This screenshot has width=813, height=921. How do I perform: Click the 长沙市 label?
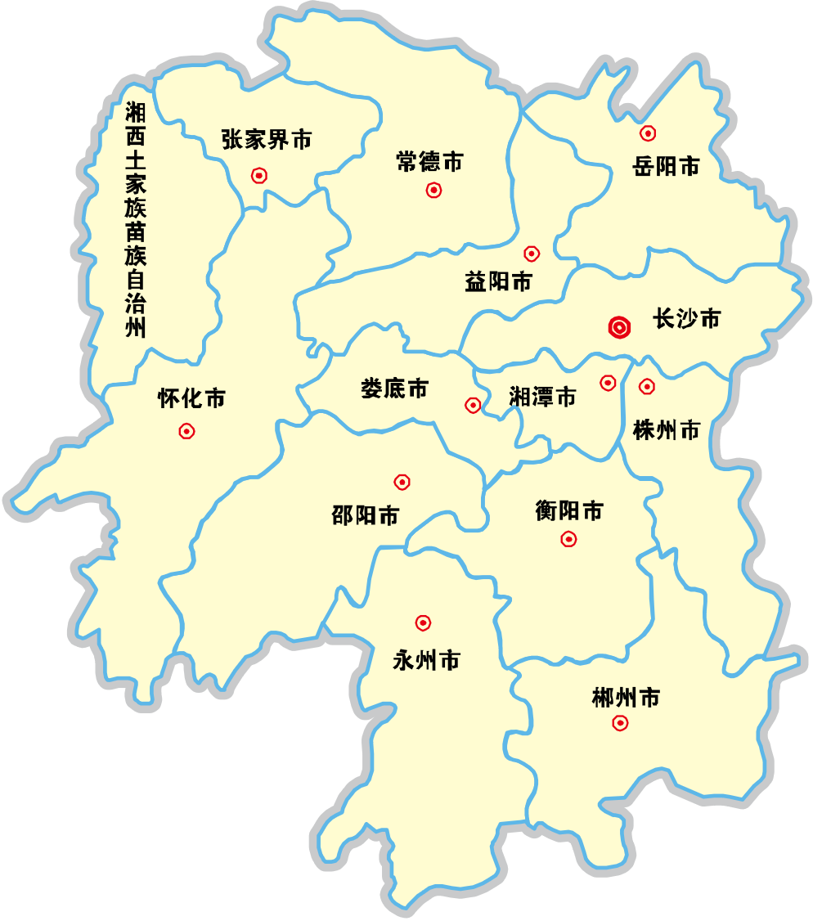686,318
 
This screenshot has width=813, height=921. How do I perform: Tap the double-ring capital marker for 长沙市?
620,328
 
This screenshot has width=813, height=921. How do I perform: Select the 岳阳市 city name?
666,166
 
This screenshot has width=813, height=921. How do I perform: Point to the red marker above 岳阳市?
648,133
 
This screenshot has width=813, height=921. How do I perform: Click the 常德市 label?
429,162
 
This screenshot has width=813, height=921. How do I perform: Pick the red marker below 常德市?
433,191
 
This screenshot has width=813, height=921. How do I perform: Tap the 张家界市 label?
267,139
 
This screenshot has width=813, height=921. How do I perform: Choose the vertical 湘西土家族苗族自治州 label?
135,220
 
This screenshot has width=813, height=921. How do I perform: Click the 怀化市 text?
191,398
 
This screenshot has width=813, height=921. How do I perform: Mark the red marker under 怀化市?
187,431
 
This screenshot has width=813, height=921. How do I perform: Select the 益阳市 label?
498,282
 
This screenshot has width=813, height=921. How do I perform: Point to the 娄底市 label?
394,388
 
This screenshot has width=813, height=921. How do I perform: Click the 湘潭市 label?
542,398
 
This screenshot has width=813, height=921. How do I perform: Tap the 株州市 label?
667,429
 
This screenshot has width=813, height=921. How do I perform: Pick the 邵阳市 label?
366,515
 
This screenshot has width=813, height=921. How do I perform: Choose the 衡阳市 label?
569,511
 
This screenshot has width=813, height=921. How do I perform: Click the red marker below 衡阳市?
568,539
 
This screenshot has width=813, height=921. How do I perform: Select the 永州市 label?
426,660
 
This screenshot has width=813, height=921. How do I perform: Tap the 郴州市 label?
626,698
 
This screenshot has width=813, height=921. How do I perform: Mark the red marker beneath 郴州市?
621,723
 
